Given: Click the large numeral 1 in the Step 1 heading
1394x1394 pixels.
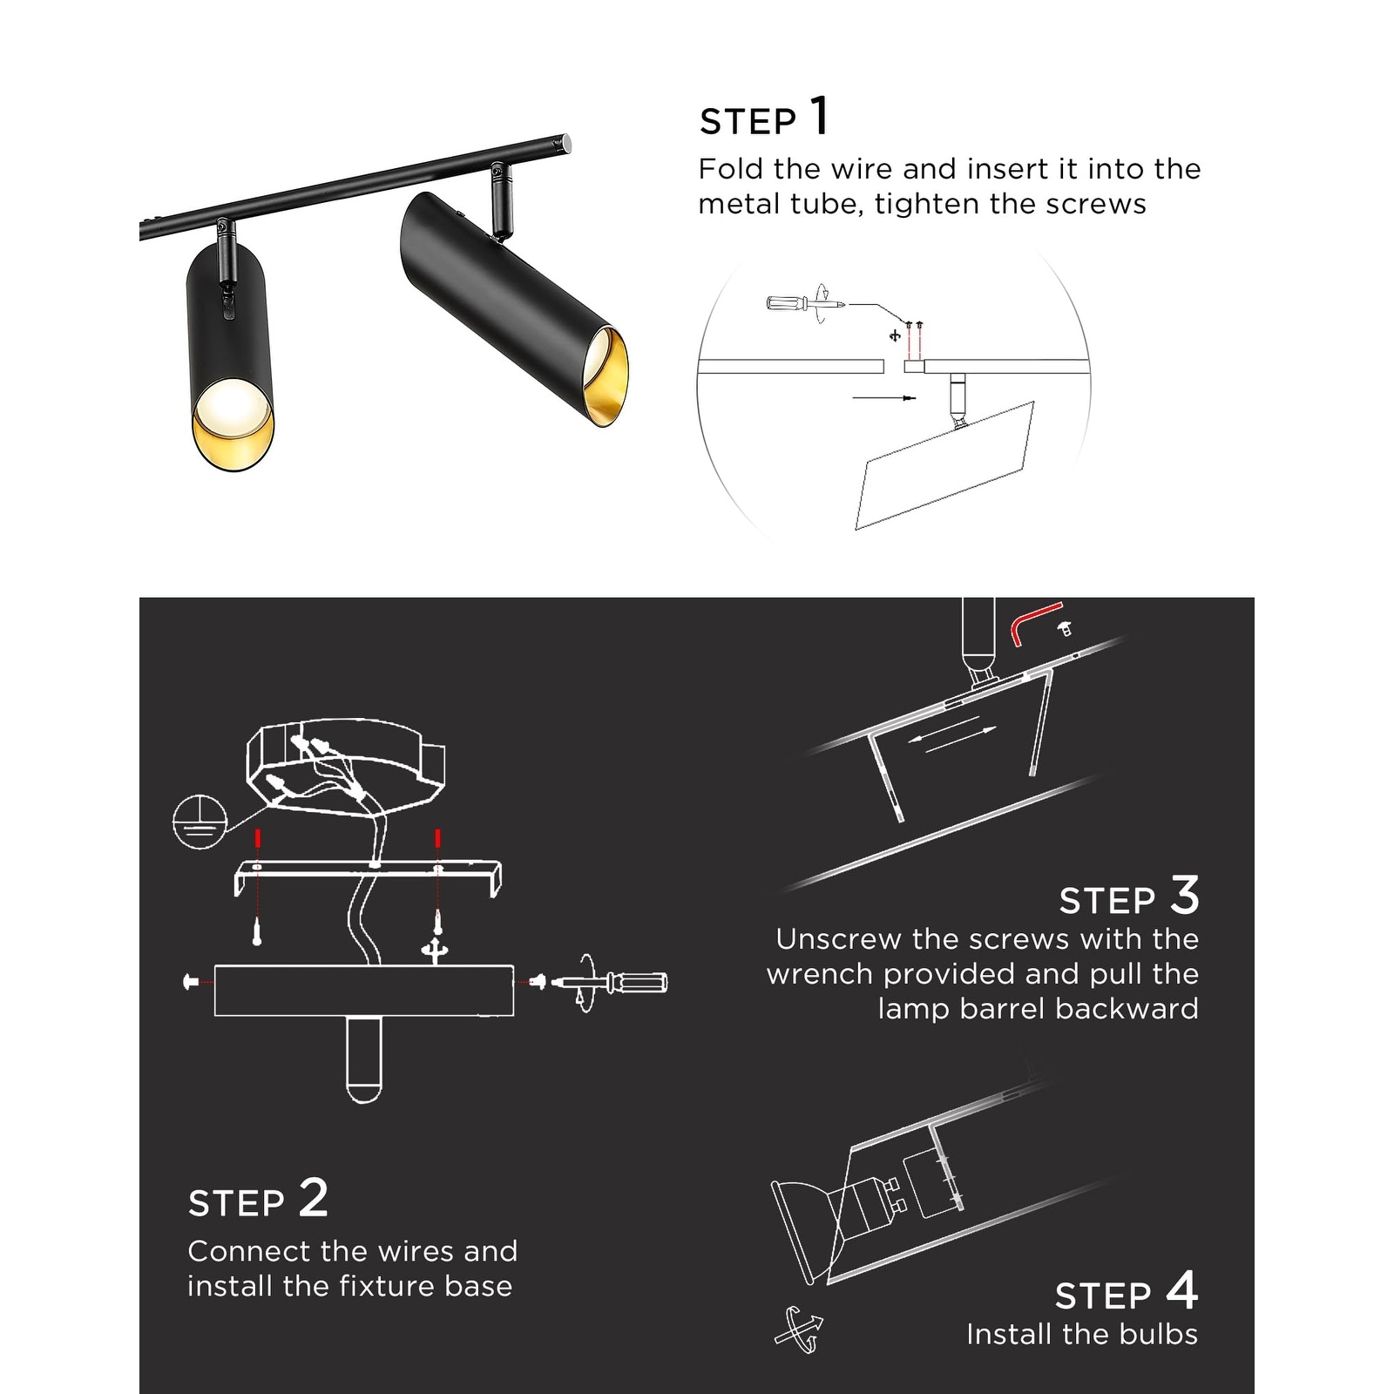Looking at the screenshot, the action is [x=819, y=116].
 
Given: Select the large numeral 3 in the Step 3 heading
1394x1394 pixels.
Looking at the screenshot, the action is [x=1185, y=895].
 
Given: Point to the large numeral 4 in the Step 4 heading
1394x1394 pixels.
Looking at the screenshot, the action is [x=1182, y=1290].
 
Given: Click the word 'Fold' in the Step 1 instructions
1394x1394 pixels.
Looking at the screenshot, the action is [x=730, y=168].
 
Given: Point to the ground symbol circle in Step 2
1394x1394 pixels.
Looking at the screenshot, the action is [x=200, y=821].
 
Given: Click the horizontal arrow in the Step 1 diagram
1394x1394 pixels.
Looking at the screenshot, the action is [x=884, y=398].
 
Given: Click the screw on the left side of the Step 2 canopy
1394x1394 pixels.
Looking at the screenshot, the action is [x=192, y=982].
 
